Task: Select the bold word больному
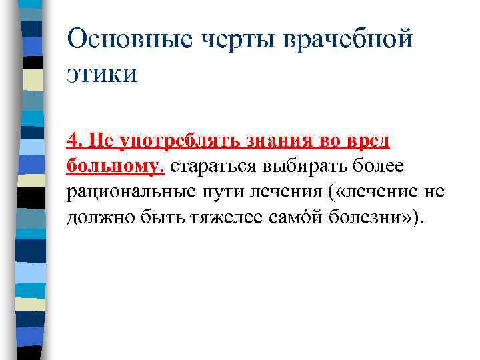(115, 167)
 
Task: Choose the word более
(380, 167)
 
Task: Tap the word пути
(215, 193)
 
